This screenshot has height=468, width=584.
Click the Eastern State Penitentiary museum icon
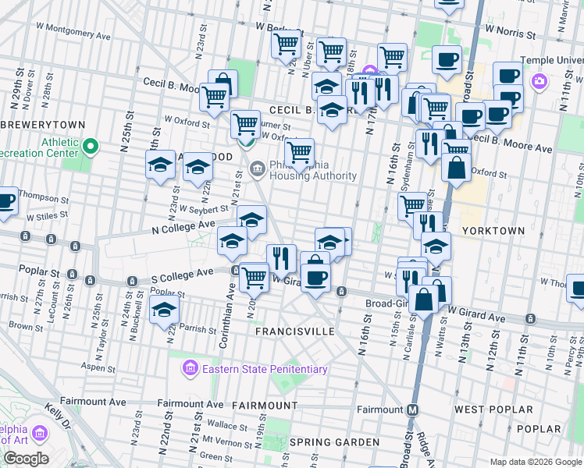(x=189, y=368)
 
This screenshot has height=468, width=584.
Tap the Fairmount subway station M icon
(x=413, y=409)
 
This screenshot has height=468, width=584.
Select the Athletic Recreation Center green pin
(x=91, y=146)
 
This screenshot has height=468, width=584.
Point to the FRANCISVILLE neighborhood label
(x=295, y=331)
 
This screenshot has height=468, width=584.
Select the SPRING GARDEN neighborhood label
(x=324, y=442)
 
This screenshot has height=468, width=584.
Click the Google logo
(x=26, y=459)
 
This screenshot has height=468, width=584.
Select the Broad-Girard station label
(x=390, y=304)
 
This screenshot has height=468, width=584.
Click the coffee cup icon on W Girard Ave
(x=315, y=279)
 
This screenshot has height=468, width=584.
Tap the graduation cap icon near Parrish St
(x=164, y=312)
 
